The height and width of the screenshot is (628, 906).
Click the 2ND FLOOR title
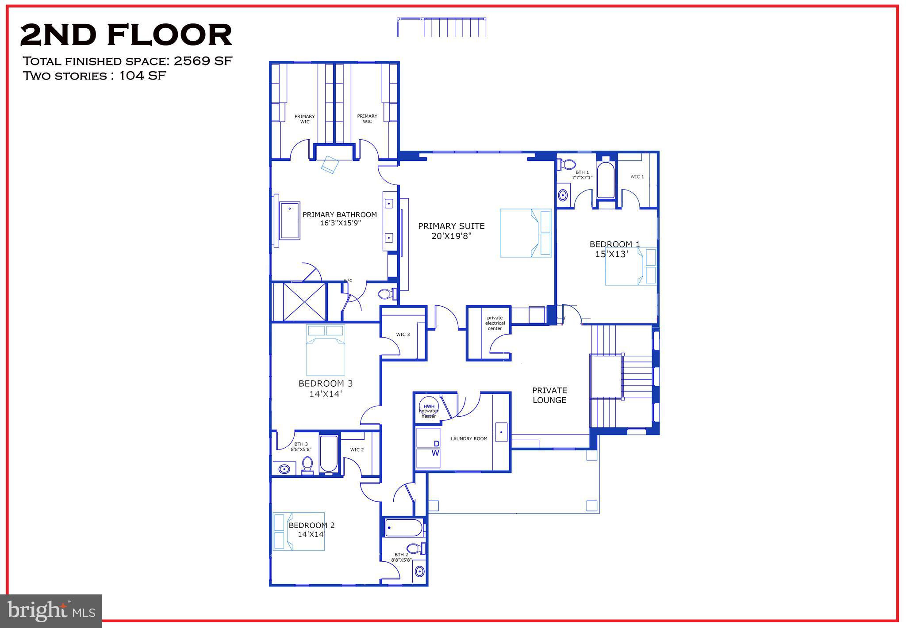(126, 36)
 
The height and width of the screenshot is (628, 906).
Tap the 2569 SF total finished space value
(203, 61)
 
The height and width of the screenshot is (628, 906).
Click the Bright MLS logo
(51, 611)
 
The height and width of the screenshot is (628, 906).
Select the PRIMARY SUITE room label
(451, 226)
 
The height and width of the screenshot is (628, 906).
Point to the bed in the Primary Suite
(526, 233)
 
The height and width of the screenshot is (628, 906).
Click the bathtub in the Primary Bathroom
(289, 221)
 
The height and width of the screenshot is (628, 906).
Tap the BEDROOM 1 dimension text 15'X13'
(611, 254)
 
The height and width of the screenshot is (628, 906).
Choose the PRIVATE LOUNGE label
(549, 395)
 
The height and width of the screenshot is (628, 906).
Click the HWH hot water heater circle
(429, 407)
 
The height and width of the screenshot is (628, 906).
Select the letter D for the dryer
(436, 444)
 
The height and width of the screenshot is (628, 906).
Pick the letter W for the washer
(436, 453)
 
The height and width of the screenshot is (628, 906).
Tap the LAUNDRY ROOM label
(469, 439)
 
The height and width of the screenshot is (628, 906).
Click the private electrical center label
(495, 323)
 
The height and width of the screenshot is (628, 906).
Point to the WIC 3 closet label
(403, 335)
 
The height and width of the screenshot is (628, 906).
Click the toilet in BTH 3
(307, 465)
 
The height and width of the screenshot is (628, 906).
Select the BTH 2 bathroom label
(401, 555)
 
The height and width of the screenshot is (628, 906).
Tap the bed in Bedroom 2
(299, 531)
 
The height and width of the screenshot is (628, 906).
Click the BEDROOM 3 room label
(326, 384)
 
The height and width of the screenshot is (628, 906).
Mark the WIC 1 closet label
(637, 177)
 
